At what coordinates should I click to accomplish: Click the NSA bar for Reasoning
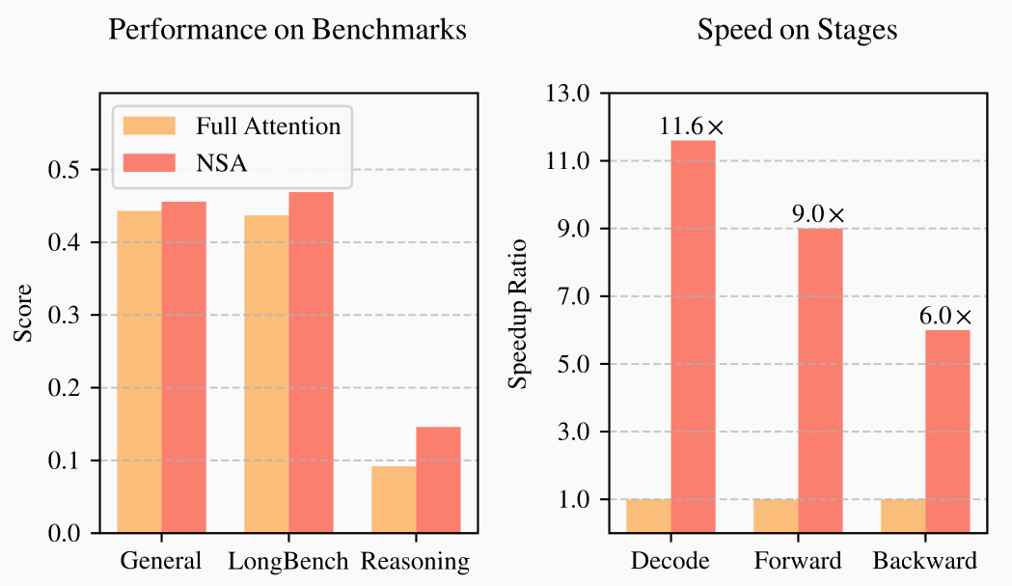(x=438, y=480)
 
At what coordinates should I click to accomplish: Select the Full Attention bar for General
(x=139, y=372)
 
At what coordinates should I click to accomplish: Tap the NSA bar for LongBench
(x=311, y=362)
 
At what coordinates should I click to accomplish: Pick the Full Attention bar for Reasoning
(x=394, y=499)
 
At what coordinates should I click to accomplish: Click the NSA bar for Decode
(x=693, y=336)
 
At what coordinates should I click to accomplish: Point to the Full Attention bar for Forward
(x=776, y=516)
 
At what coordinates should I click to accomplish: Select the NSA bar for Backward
(x=947, y=431)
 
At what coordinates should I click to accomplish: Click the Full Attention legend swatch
(x=150, y=126)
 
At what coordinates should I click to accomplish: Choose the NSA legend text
(x=222, y=162)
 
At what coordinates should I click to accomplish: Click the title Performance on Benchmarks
(x=287, y=30)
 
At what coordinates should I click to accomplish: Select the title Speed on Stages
(x=797, y=30)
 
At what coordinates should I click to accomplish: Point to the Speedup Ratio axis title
(x=519, y=313)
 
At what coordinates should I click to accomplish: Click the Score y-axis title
(x=23, y=313)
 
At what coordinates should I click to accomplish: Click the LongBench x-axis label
(x=288, y=561)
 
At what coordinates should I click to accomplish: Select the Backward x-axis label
(x=924, y=561)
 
